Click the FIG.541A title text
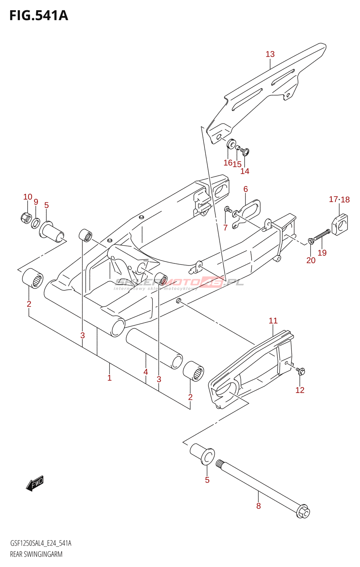pos(39,16)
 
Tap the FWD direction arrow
pos(35,483)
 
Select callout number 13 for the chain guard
pos(270,54)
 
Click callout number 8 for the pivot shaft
pos(258,506)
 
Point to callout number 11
pos(273,321)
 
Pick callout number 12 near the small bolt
pos(300,390)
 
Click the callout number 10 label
pos(28,197)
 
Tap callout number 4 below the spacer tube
pos(146,372)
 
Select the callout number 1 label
pos(109,378)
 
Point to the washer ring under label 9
pos(36,223)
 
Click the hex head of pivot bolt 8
pos(303,512)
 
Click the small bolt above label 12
pos(301,371)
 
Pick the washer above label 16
pos(231,144)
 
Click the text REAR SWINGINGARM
pos(36,554)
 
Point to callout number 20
pos(311,260)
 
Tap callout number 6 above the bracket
pos(246,189)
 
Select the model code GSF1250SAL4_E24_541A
pos(41,543)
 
